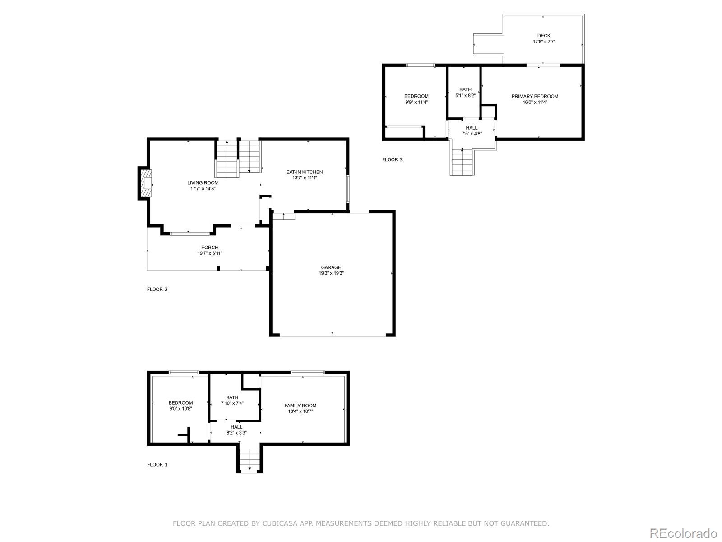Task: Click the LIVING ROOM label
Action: click(x=203, y=183)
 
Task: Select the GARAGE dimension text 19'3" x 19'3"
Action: click(x=331, y=273)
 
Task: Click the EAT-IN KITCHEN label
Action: click(x=305, y=172)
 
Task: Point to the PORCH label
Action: click(x=210, y=248)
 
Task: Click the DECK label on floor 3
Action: click(x=544, y=36)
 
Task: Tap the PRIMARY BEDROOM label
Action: click(x=535, y=96)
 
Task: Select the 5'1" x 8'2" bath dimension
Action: click(x=465, y=95)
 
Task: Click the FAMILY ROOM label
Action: click(x=301, y=406)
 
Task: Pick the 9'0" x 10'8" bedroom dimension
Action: click(x=180, y=409)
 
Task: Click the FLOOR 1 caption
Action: click(x=157, y=464)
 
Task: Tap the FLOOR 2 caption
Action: click(x=157, y=290)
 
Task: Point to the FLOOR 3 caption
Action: click(x=392, y=159)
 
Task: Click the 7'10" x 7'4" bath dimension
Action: click(x=232, y=403)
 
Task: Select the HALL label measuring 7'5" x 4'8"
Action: click(x=472, y=128)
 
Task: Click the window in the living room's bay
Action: click(x=190, y=234)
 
